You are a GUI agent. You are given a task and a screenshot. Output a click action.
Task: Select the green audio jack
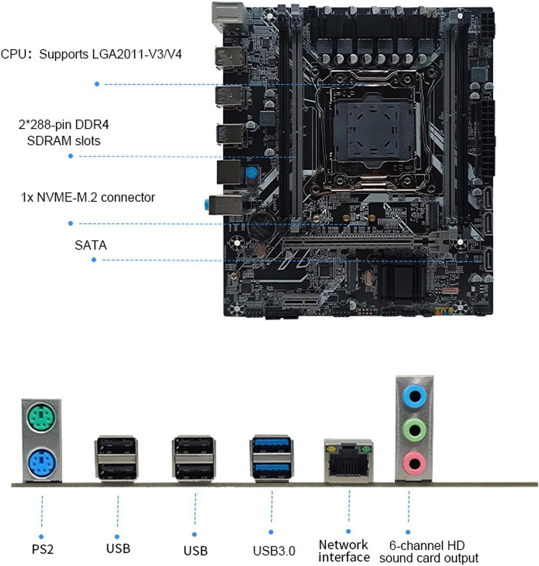click(x=414, y=429)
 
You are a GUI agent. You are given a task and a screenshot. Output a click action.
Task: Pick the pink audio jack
click(x=414, y=463)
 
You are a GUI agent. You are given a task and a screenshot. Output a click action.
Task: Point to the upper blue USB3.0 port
click(x=272, y=445)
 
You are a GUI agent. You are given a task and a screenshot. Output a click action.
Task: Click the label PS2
click(x=42, y=549)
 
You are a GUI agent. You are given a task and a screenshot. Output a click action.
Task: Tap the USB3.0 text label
click(x=274, y=551)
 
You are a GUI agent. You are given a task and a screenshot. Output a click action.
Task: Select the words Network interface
click(x=344, y=551)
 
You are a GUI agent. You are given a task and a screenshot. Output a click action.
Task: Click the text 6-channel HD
click(x=427, y=545)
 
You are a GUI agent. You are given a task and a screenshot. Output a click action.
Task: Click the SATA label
click(x=91, y=245)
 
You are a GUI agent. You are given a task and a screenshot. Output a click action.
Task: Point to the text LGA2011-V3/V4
click(x=137, y=54)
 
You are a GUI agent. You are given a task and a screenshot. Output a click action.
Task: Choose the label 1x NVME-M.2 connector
click(x=88, y=197)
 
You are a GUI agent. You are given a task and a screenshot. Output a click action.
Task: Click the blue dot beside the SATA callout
click(x=94, y=259)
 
